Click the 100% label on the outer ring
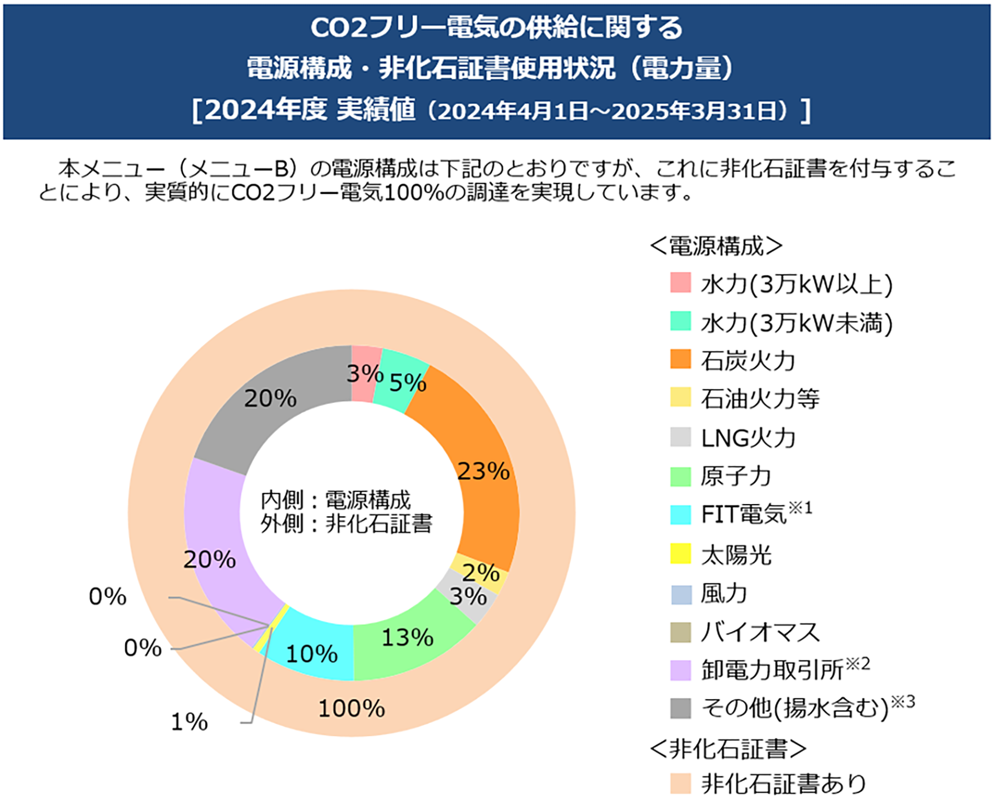[351, 708]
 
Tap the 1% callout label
[189, 722]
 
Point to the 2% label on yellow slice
[480, 572]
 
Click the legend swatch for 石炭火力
[680, 359]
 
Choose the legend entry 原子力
[736, 476]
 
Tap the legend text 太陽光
[736, 554]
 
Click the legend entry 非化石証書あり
[783, 783]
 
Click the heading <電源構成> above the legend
[716, 246]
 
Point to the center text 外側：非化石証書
[346, 524]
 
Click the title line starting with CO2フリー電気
[496, 27]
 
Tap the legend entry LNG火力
[748, 438]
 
